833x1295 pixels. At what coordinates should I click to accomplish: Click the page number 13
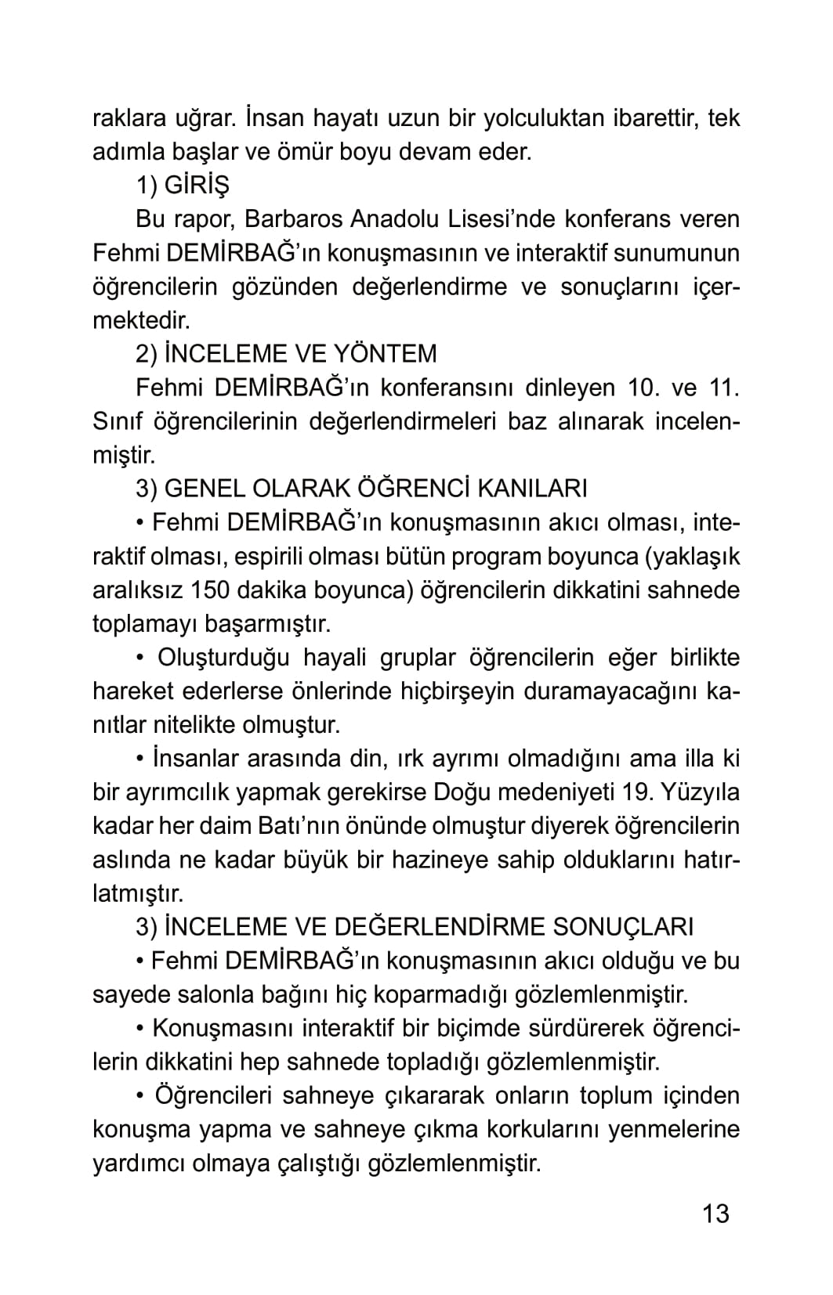(x=715, y=1214)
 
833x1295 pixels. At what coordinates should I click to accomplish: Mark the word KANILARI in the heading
(x=532, y=489)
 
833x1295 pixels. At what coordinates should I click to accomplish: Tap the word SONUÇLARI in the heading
(x=624, y=927)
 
